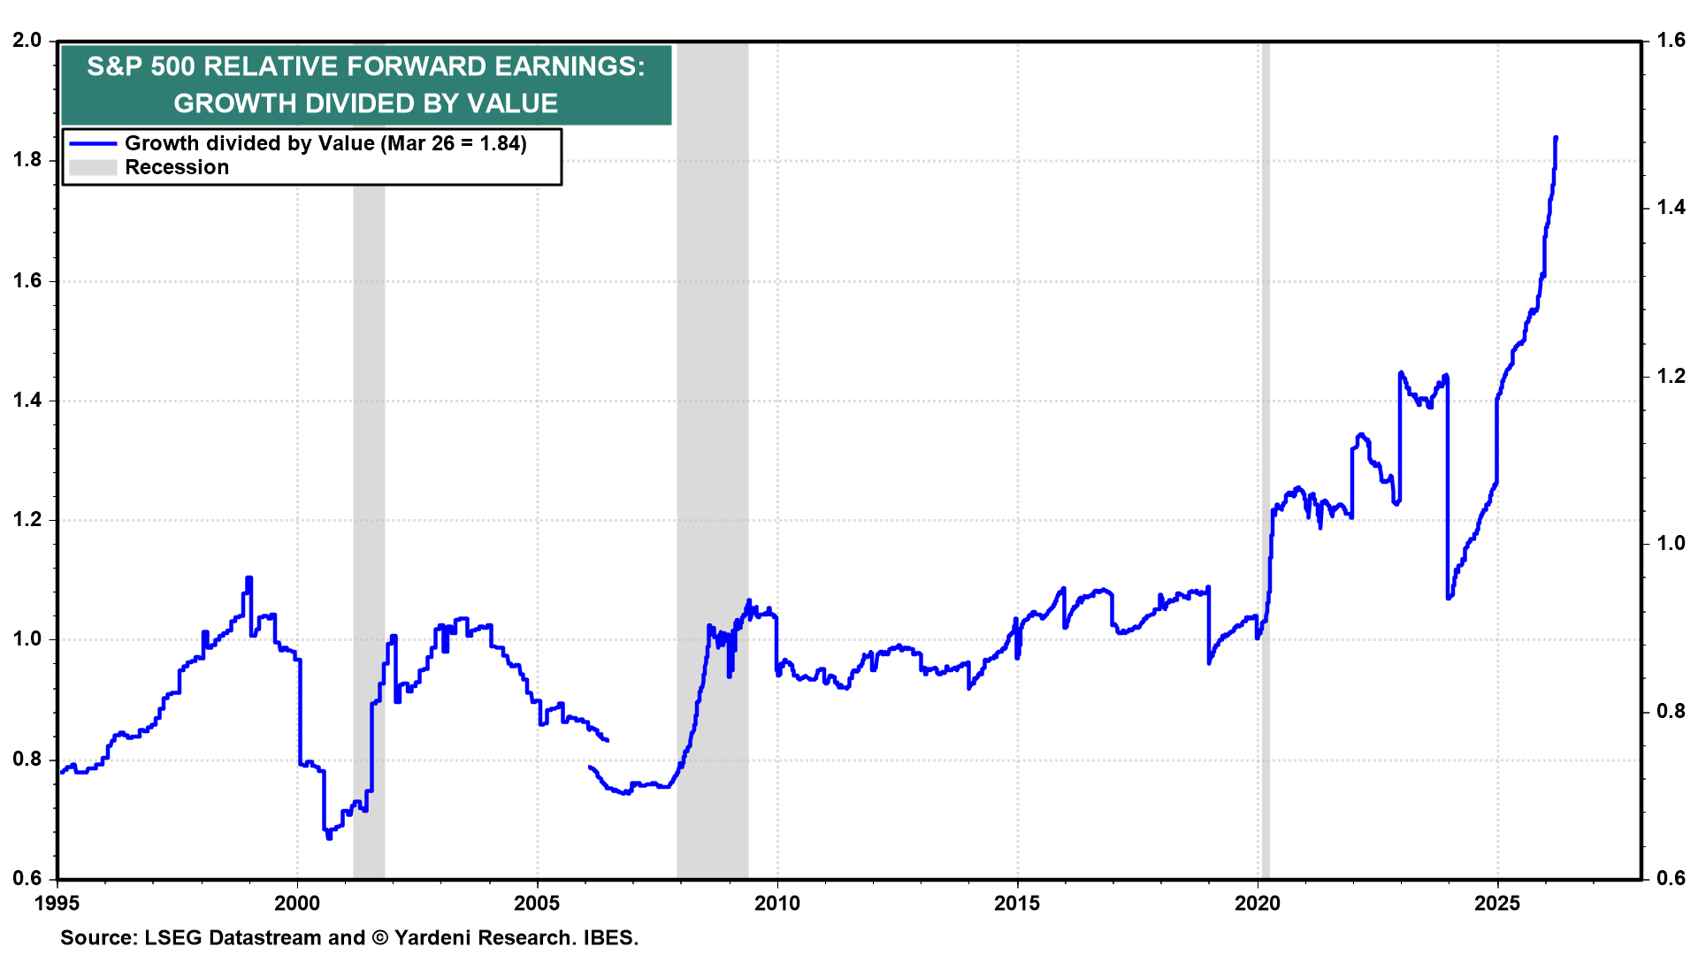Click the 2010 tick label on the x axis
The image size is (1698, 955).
click(x=776, y=903)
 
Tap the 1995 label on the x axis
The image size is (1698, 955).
click(x=57, y=903)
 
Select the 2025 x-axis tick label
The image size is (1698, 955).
click(x=1497, y=903)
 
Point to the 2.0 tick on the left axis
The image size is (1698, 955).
click(x=27, y=41)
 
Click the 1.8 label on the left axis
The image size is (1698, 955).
click(x=27, y=160)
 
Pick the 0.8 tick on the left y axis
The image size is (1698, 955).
click(x=27, y=760)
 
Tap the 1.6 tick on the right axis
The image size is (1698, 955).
click(x=1671, y=41)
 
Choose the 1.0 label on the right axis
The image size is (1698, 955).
click(x=1671, y=543)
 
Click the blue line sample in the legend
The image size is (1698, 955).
click(x=93, y=143)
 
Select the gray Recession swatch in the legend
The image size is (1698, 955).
click(x=93, y=167)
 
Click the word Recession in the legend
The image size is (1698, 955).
click(x=177, y=167)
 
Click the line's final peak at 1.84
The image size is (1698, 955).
click(x=1556, y=138)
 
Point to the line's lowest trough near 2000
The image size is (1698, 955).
click(x=329, y=837)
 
